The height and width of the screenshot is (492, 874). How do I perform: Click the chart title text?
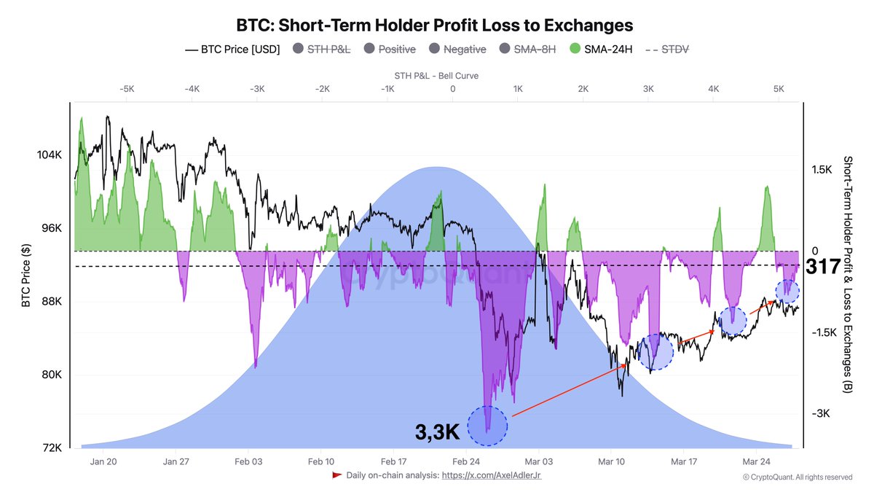tap(435, 25)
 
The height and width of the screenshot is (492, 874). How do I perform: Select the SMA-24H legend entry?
tap(608, 50)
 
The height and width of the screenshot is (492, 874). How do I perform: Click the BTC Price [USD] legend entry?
tap(232, 50)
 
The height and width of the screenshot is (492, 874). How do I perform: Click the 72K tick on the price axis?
tap(52, 448)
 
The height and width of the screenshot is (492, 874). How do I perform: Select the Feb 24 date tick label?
tap(465, 461)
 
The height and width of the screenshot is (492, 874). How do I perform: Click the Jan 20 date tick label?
tap(104, 461)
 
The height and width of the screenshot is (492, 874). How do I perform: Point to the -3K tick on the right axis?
tap(822, 413)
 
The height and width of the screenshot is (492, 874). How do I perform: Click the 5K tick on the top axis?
tap(779, 89)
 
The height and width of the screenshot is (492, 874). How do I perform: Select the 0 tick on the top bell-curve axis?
tap(452, 89)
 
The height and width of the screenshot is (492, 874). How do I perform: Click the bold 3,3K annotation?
tap(437, 432)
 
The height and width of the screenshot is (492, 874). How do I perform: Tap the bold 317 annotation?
tap(824, 267)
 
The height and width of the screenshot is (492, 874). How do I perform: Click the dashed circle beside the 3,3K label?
tap(487, 426)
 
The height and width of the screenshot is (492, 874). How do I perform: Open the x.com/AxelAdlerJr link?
tap(491, 475)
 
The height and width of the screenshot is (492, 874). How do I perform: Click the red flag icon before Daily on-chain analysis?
tap(336, 475)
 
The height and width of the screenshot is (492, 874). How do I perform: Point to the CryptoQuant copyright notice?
tap(797, 477)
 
